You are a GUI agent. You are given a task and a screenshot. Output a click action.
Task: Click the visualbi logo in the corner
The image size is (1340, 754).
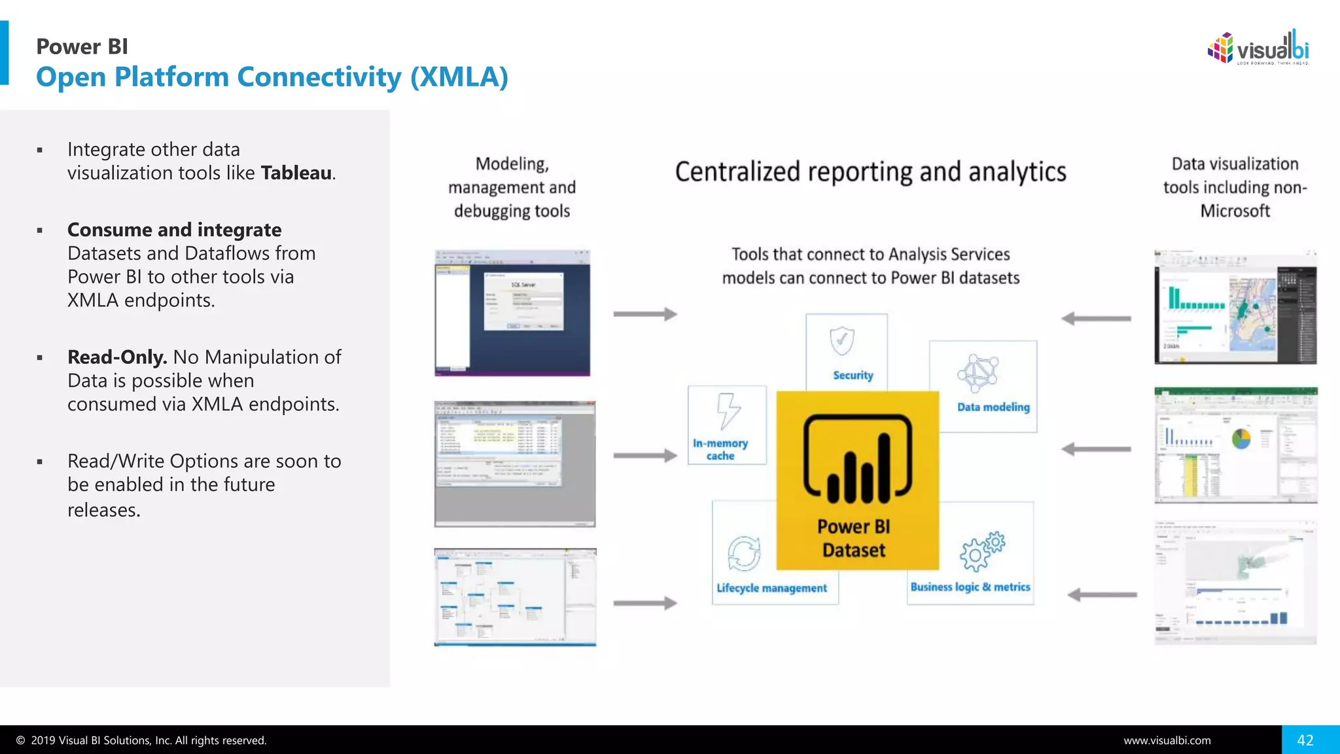tap(1258, 48)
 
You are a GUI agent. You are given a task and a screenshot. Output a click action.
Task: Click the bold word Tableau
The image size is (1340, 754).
tap(296, 173)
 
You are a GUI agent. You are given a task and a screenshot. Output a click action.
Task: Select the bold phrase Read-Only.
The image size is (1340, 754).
tap(117, 357)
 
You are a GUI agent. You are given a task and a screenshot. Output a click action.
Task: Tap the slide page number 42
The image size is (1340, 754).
tap(1305, 740)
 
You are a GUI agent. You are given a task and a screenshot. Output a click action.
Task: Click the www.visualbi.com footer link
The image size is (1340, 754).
tap(1167, 740)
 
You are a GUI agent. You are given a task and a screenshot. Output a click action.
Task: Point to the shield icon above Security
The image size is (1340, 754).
tap(841, 341)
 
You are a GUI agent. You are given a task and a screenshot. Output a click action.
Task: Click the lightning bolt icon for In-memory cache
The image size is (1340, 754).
tap(728, 411)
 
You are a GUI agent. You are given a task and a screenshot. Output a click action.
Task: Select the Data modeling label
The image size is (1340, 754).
tap(993, 406)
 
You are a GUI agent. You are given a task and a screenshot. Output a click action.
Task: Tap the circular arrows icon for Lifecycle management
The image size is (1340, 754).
tap(744, 554)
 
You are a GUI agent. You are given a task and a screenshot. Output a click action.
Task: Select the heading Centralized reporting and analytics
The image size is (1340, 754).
tap(870, 172)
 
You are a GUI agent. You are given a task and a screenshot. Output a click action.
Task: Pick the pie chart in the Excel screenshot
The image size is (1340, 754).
tap(1241, 439)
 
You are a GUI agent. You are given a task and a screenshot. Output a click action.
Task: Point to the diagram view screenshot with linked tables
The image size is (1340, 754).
tap(515, 597)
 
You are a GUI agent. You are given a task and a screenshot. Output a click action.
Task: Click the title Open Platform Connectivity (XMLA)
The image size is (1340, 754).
tap(272, 77)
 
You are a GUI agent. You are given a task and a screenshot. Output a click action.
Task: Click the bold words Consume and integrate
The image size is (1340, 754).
tap(174, 230)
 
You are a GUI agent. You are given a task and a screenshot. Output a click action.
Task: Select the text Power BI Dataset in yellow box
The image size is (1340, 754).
tap(853, 538)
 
